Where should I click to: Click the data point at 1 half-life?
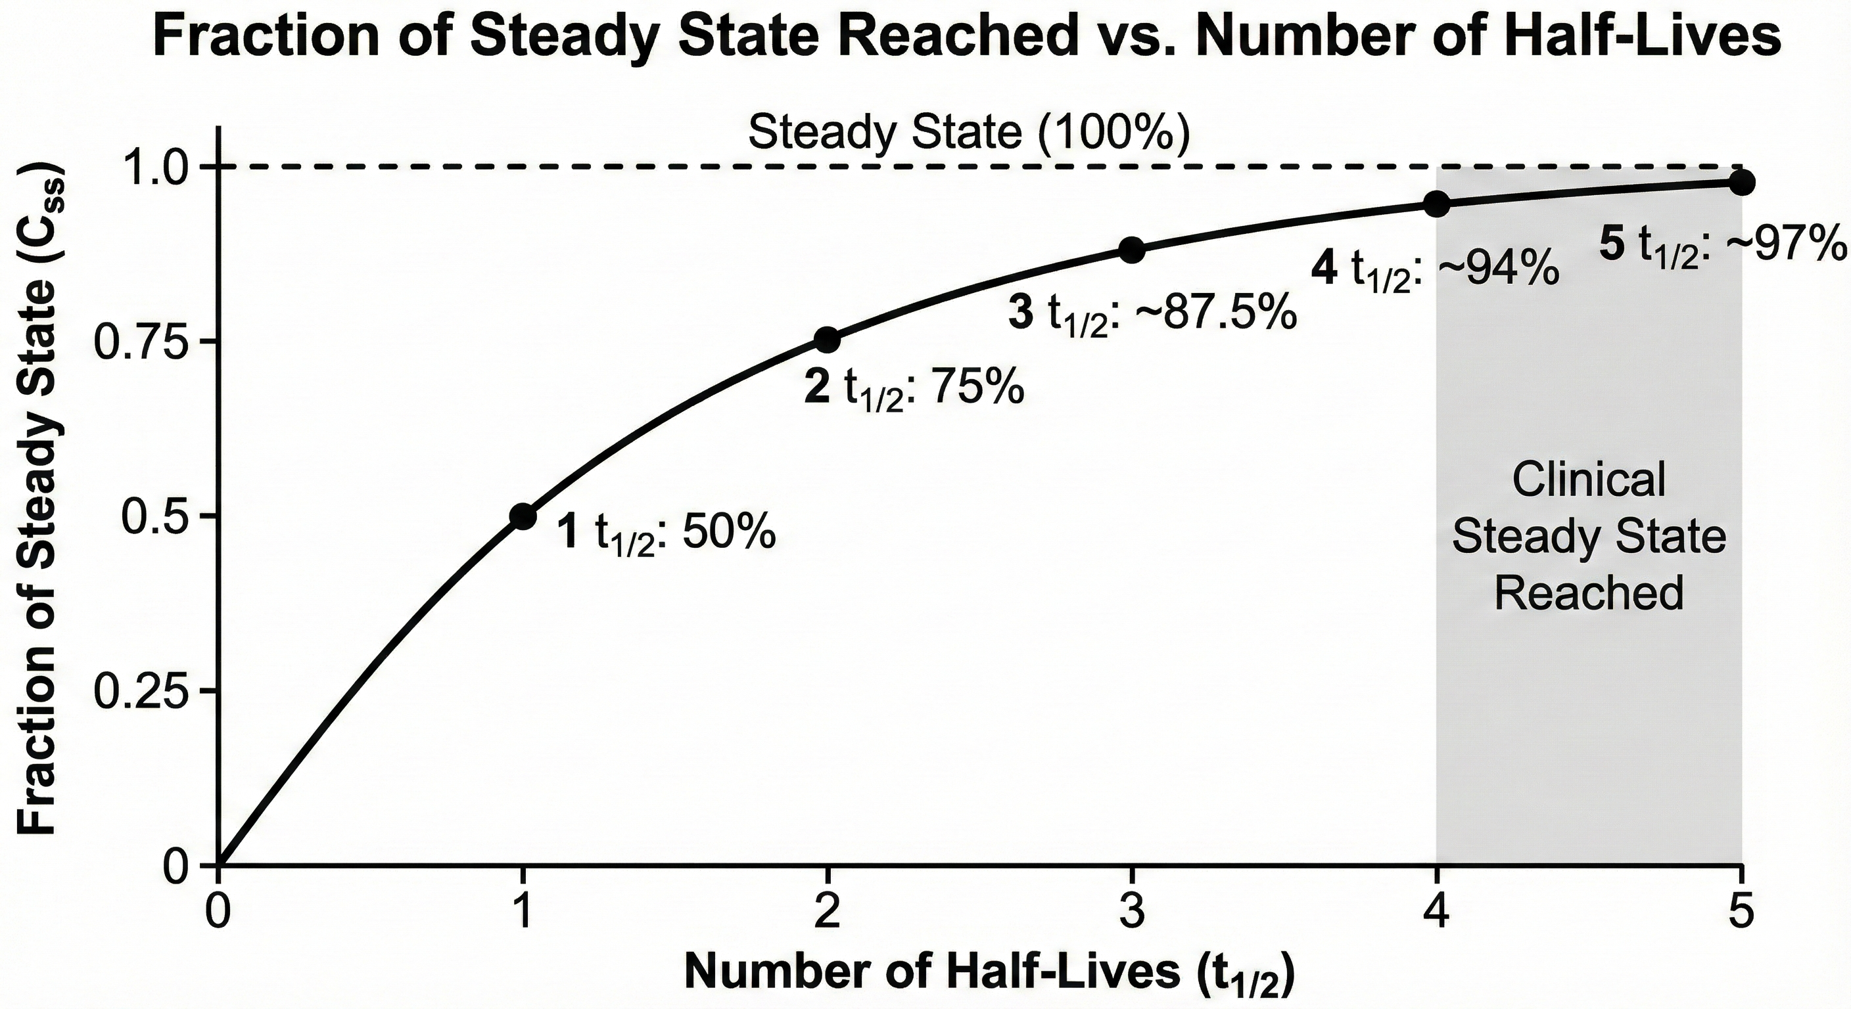[x=523, y=516]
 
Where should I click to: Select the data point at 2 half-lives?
[x=827, y=340]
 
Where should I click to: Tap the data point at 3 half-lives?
[x=1132, y=250]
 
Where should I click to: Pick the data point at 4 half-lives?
[x=1436, y=204]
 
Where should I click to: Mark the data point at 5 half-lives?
[x=1741, y=183]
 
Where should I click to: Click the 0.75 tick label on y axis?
[x=145, y=342]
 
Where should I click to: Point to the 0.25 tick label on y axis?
[x=145, y=691]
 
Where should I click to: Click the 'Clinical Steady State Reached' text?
[x=1589, y=536]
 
